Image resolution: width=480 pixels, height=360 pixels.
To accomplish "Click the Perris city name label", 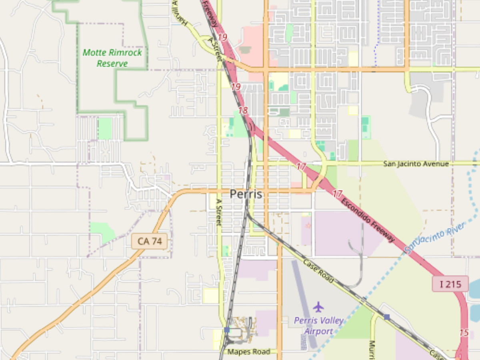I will (x=246, y=194).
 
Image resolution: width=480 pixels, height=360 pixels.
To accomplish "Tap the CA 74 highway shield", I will (x=149, y=241).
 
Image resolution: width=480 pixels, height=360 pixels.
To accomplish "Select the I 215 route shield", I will (x=450, y=284).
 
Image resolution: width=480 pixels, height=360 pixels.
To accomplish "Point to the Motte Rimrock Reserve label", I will (x=112, y=58).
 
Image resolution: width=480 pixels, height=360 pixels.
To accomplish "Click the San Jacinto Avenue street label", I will (x=416, y=164).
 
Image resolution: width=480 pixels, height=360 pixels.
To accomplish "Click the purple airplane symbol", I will (x=318, y=307).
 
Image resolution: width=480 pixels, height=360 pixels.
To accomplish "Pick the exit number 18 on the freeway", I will (x=243, y=110).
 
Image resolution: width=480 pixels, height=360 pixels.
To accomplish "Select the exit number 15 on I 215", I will (x=464, y=332).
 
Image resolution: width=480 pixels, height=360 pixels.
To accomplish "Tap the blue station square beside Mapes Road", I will (x=227, y=330).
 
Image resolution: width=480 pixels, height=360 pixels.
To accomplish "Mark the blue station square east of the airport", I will (x=387, y=317).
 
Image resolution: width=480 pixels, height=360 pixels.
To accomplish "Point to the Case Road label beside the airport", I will (x=318, y=272).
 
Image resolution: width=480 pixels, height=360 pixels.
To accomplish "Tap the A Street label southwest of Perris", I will (x=218, y=212).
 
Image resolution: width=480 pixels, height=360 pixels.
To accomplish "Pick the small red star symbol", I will (x=308, y=226).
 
